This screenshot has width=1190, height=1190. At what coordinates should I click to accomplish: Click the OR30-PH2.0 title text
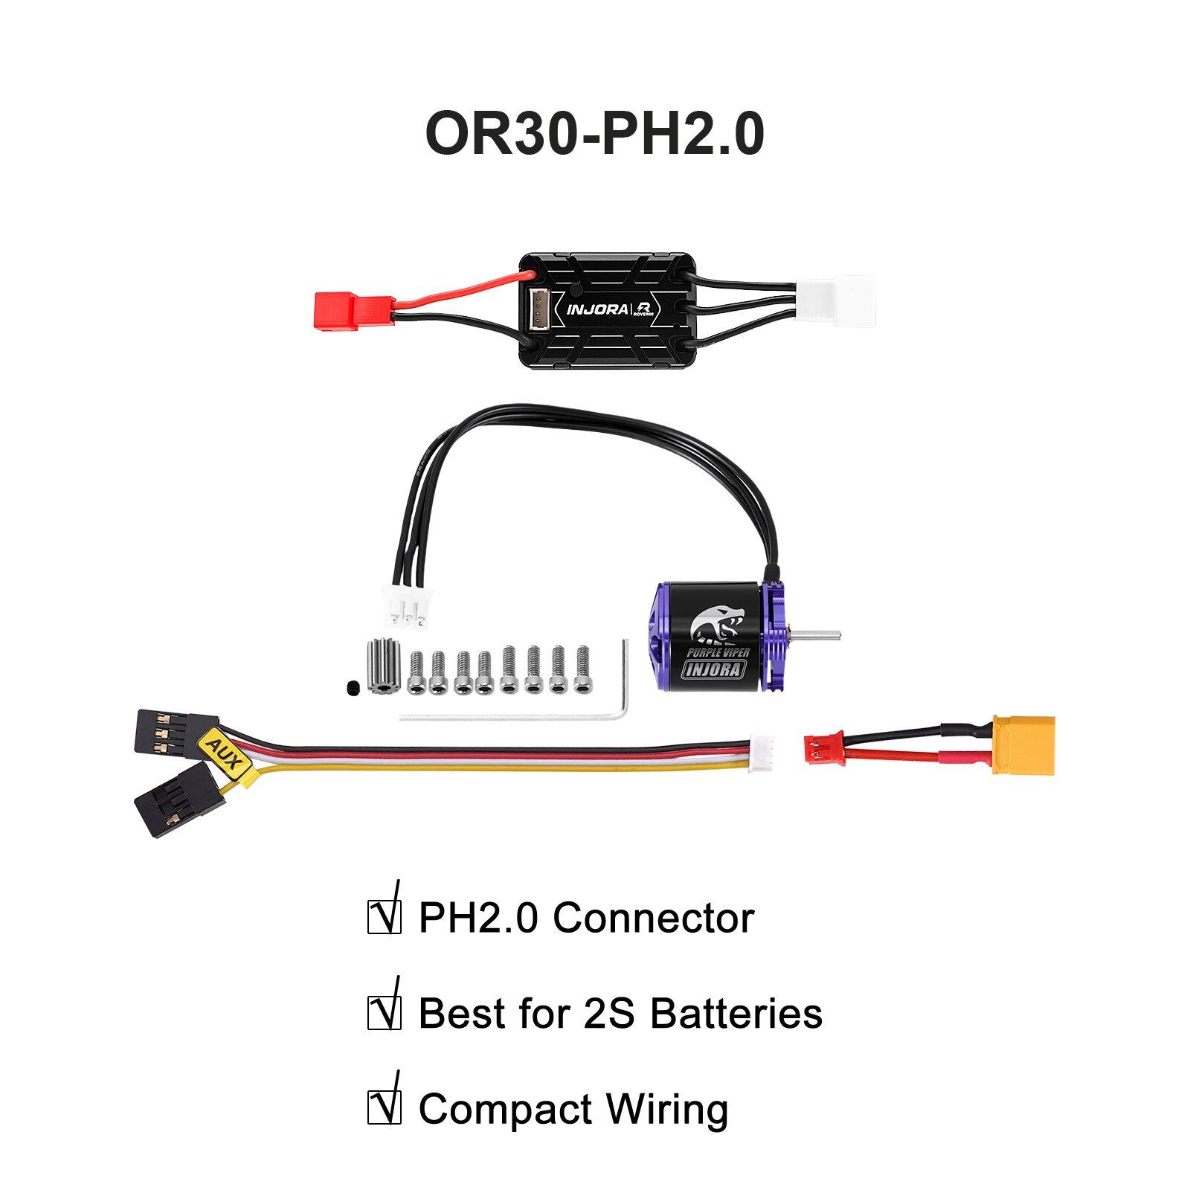(x=594, y=134)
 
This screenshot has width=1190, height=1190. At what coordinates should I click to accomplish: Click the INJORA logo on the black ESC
(x=596, y=309)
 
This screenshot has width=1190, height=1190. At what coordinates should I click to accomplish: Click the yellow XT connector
(x=1023, y=746)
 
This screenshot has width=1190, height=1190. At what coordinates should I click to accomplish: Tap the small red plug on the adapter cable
(x=823, y=748)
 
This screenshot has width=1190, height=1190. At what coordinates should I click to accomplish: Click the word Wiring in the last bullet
(x=667, y=1110)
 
